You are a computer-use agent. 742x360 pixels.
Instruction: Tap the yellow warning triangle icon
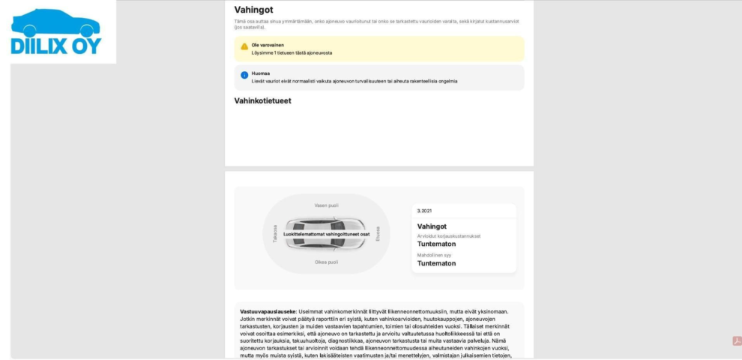[x=244, y=46]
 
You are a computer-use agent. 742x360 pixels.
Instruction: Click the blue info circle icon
[x=244, y=75]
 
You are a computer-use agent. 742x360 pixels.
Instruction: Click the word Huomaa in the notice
[x=260, y=73]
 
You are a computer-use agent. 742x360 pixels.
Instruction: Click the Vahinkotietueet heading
[x=262, y=100]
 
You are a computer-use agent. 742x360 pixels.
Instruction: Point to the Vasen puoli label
[x=326, y=205]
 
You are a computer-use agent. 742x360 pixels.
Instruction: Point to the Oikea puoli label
[x=326, y=262]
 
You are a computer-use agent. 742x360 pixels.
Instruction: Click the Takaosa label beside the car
[x=275, y=233]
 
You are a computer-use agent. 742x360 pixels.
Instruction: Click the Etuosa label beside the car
[x=378, y=233]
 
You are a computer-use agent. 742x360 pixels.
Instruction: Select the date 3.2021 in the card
[x=424, y=211]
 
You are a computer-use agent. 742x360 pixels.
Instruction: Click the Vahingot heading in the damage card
[x=432, y=226]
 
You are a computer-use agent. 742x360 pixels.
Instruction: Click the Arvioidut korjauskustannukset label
[x=449, y=235]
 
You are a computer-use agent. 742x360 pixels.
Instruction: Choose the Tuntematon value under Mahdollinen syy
[x=436, y=263]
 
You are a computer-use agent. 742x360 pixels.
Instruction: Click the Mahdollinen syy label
[x=435, y=255]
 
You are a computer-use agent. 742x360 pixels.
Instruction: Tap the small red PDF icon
[x=736, y=341]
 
